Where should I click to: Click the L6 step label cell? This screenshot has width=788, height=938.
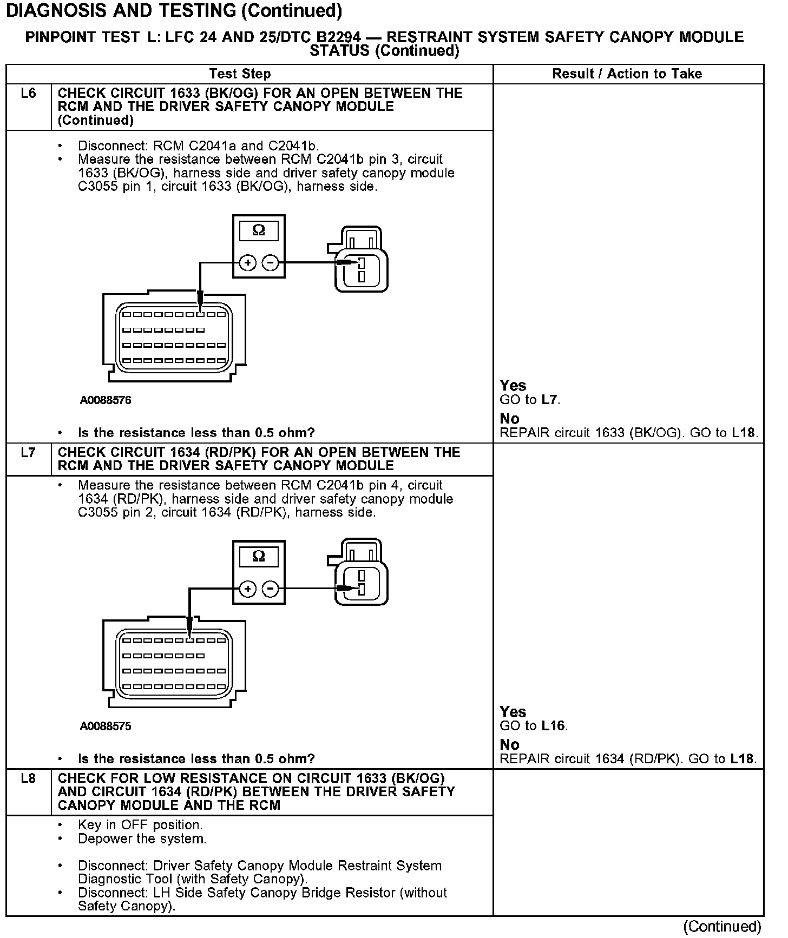[x=28, y=94]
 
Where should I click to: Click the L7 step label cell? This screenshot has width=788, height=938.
[x=28, y=452]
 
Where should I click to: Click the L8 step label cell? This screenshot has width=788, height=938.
[x=28, y=778]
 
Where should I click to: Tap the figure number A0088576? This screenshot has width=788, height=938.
[x=106, y=400]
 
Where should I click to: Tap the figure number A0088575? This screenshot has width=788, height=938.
[x=106, y=726]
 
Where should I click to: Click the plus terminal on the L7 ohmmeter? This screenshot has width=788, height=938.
[x=247, y=589]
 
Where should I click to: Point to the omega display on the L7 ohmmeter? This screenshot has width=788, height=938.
[x=259, y=557]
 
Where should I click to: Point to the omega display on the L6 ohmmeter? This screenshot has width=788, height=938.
[x=259, y=231]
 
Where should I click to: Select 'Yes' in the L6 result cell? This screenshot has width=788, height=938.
[x=513, y=386]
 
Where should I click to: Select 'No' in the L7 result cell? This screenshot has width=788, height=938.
[x=509, y=745]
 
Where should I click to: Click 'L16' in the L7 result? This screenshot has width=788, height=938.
[x=553, y=726]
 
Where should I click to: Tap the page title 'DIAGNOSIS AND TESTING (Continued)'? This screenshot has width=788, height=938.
[x=174, y=10]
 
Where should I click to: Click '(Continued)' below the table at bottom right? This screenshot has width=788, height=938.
[x=722, y=927]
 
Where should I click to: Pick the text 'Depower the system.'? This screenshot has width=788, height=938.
[x=142, y=839]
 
